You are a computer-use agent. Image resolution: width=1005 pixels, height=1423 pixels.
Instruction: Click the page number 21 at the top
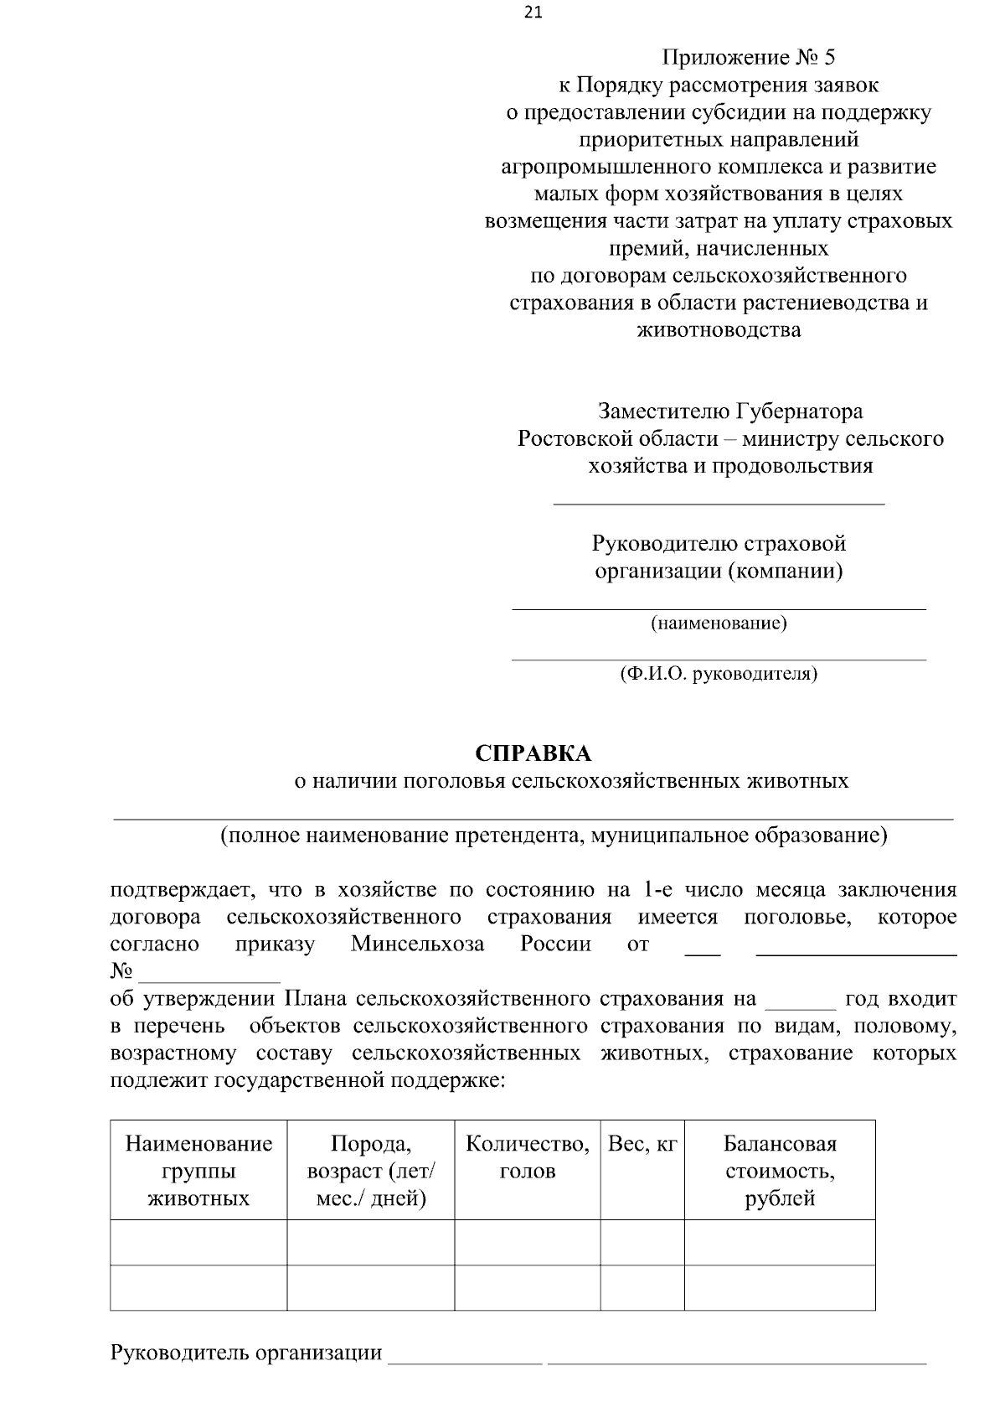[x=533, y=13]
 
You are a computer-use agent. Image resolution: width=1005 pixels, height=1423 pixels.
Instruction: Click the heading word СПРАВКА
[x=533, y=753]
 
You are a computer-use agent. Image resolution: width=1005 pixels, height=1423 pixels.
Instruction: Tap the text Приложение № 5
[x=749, y=58]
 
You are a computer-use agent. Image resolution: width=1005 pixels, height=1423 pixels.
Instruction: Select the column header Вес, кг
[x=642, y=1144]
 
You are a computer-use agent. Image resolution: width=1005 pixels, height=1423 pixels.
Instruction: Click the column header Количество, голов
[x=527, y=1157]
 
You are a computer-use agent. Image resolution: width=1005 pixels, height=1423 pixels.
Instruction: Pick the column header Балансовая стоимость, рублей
[x=780, y=1171]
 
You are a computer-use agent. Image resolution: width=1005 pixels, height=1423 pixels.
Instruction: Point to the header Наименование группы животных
[x=198, y=1171]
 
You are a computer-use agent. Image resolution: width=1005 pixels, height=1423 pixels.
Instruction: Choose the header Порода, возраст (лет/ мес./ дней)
[x=371, y=1171]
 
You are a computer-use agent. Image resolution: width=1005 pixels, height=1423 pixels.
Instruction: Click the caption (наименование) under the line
[x=719, y=624]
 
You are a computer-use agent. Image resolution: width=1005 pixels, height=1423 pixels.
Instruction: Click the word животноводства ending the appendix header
[x=719, y=330]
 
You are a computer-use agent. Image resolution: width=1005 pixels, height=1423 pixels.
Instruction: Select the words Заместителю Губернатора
[x=729, y=411]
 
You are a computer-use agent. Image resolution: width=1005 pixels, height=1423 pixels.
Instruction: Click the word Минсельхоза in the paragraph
[x=417, y=944]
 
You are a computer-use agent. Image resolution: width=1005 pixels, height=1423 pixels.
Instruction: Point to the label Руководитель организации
[x=246, y=1353]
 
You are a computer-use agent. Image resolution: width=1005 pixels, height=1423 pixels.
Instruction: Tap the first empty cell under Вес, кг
[x=642, y=1242]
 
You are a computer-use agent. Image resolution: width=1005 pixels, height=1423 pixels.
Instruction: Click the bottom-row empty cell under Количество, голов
[x=527, y=1287]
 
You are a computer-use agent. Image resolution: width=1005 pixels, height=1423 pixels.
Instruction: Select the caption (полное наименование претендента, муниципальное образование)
[x=554, y=836]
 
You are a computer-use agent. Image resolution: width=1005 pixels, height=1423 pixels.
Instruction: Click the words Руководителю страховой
[x=719, y=544]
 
